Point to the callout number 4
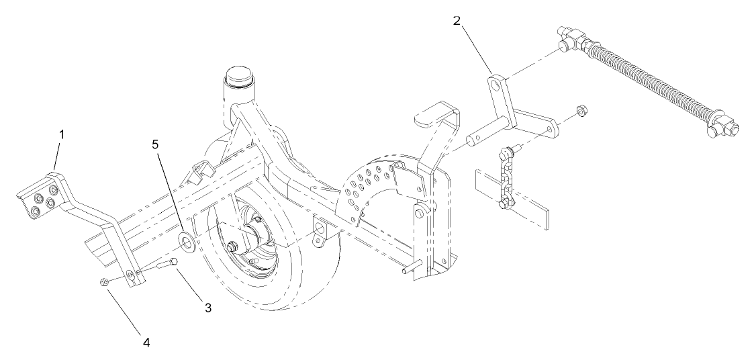click(x=146, y=342)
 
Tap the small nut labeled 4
click(x=104, y=281)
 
